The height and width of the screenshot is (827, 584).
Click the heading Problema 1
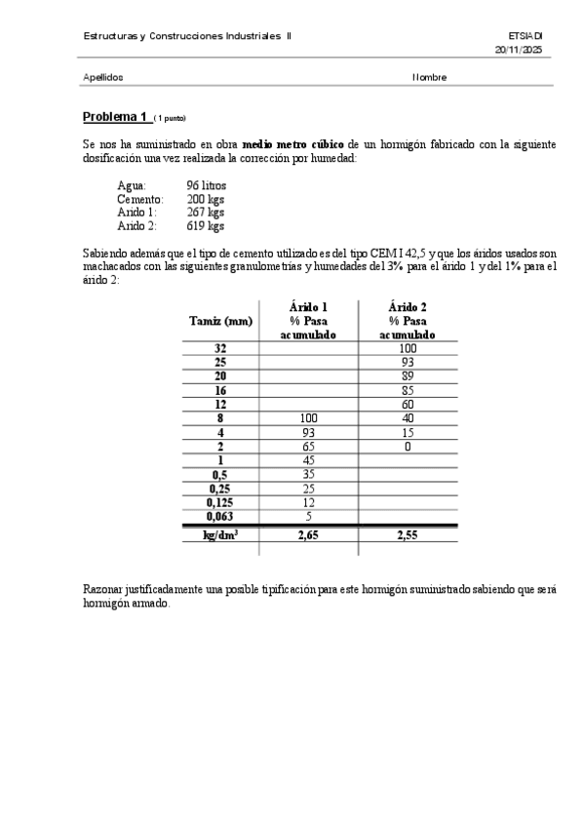pos(115,117)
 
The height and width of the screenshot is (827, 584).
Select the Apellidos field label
pos(103,77)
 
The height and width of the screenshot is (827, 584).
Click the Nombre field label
pos(429,77)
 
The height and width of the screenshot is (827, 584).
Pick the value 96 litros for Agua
pos(206,185)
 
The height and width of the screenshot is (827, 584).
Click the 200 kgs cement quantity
pos(205,199)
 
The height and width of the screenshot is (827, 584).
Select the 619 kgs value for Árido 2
pos(205,226)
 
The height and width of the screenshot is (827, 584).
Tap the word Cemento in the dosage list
pos(139,199)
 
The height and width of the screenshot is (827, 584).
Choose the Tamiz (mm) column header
pos(220,321)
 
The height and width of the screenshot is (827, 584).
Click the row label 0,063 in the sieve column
pos(220,517)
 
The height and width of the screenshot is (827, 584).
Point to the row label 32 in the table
pos(220,348)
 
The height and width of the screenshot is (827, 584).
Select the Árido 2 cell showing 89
pos(408,376)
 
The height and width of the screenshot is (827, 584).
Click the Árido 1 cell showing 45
pos(308,460)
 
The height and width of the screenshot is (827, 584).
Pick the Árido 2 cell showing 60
pos(408,405)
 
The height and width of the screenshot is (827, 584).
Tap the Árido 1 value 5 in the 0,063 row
pos(308,517)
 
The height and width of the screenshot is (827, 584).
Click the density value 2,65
pos(308,534)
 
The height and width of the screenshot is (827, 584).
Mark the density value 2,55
pos(408,534)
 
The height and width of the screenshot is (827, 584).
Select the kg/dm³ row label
pos(220,534)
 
